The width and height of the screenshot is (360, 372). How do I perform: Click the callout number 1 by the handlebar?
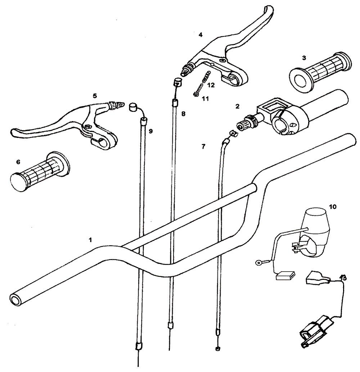coord(91,239)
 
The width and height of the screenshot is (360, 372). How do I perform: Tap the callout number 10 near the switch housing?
coord(333,207)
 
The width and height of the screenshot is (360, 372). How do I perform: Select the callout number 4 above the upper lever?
coord(201,35)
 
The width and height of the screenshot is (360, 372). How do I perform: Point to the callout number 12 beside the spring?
coord(211,85)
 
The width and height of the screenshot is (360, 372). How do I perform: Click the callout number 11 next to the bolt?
coord(205,98)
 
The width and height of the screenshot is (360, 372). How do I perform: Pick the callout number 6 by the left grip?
coord(18,162)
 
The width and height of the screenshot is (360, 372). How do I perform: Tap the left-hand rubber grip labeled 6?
coord(40,169)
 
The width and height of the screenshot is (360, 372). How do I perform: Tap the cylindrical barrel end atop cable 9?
coord(134,107)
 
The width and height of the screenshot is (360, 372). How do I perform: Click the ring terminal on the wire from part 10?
coord(258,262)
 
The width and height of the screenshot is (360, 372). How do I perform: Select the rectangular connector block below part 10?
coord(285,276)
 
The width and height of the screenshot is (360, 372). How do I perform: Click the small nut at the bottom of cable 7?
coord(217,349)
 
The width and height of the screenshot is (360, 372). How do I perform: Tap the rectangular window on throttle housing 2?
coord(270,106)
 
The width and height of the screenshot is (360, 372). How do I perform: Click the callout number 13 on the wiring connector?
coord(343,278)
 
